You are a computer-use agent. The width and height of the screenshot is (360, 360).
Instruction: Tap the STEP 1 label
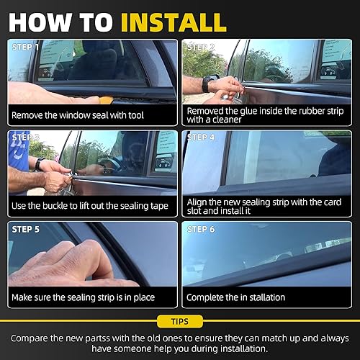[x=25, y=47]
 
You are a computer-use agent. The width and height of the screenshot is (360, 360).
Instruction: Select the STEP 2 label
[x=202, y=47]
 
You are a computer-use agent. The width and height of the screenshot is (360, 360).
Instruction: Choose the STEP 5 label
[x=25, y=229]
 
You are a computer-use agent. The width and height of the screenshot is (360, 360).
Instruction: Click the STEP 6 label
[x=202, y=229]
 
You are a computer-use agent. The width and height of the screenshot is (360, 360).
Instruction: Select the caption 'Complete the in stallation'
[x=235, y=296]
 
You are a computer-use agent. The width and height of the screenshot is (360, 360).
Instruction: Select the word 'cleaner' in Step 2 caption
[x=238, y=120]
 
